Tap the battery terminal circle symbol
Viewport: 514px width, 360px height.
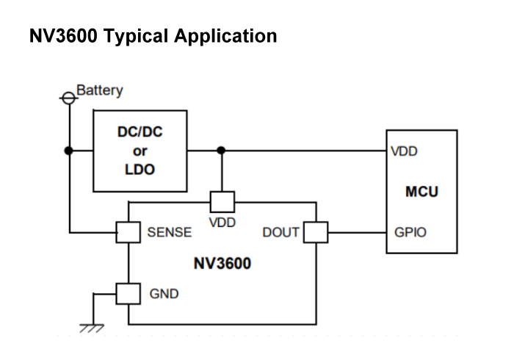tap(69, 96)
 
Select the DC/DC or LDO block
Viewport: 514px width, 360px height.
tap(140, 151)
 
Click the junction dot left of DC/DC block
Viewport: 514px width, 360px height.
tap(69, 151)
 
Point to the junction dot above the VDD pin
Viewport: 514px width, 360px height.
tap(222, 151)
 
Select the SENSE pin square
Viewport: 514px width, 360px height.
tap(128, 232)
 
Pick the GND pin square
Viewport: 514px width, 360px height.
tap(128, 293)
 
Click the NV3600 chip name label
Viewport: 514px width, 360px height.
tap(222, 263)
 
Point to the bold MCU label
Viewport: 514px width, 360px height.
tap(421, 192)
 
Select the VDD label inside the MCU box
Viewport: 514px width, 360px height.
tap(406, 152)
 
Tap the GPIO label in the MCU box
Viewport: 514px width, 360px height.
tap(410, 232)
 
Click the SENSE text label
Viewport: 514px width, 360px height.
tap(169, 232)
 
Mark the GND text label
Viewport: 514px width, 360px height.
tap(164, 294)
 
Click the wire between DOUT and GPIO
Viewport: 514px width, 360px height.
tap(356, 232)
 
